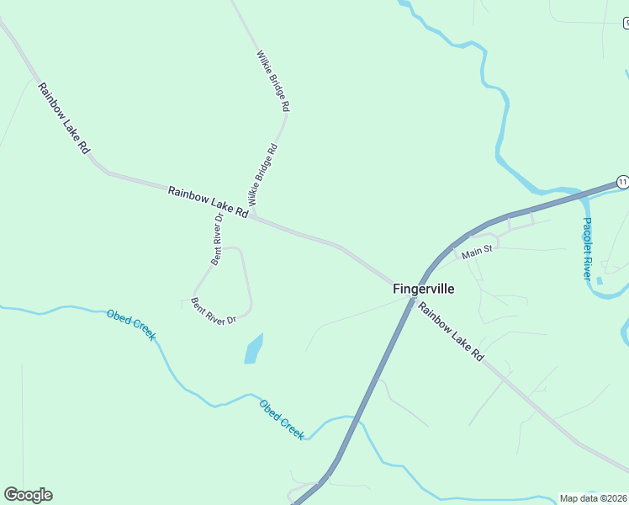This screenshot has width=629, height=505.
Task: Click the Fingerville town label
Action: coord(424,289)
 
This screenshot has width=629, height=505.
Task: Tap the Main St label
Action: coord(475,250)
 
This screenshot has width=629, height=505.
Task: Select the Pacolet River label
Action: coord(587,249)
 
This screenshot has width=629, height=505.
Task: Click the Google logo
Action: coord(28,495)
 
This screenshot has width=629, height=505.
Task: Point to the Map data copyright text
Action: coord(593,498)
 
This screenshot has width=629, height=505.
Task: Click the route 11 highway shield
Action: coord(621,182)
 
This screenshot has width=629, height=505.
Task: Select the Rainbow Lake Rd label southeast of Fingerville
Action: coord(452,332)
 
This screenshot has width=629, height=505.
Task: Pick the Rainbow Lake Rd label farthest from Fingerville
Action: coord(63,117)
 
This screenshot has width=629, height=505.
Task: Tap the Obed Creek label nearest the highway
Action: coord(282,417)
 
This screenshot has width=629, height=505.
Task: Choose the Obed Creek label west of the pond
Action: coord(131,325)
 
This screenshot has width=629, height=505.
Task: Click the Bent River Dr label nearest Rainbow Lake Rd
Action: coord(218,240)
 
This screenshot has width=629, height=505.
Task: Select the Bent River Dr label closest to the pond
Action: coord(214,310)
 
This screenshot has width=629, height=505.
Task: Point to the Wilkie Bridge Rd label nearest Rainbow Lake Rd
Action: coord(262,176)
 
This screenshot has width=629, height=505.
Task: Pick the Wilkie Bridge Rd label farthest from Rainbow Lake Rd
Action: coord(272,81)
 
